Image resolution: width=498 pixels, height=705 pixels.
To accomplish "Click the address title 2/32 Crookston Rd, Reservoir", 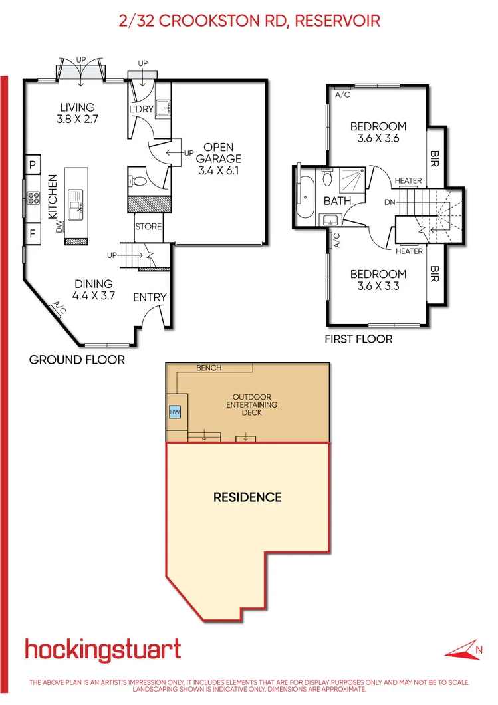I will (x=249, y=21).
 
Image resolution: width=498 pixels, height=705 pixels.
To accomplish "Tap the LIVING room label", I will (x=77, y=107).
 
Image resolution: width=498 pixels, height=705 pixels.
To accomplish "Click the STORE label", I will (x=148, y=227).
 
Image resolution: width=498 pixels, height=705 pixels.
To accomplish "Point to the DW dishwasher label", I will (x=59, y=228).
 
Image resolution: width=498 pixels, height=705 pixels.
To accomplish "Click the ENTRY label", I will (x=150, y=297).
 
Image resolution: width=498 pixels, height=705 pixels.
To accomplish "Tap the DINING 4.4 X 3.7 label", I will (x=93, y=290).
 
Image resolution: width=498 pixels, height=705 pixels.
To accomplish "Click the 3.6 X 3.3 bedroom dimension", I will (x=378, y=287).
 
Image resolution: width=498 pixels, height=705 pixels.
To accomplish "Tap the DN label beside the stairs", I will (x=390, y=201).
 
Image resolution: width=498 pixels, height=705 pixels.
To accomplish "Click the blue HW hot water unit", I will (x=176, y=412).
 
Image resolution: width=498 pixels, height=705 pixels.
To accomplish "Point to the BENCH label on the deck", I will (x=209, y=368).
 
